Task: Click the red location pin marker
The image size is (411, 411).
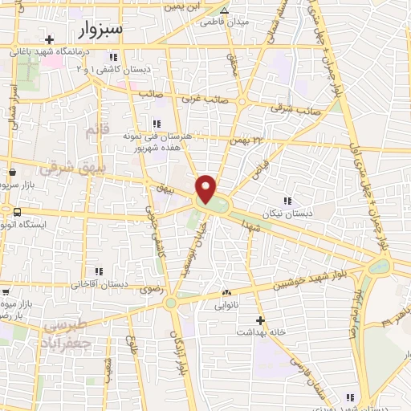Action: point(206,189)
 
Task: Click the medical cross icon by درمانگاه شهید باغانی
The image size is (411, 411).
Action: point(50,39)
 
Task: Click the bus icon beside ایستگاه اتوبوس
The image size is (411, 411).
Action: point(17,211)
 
